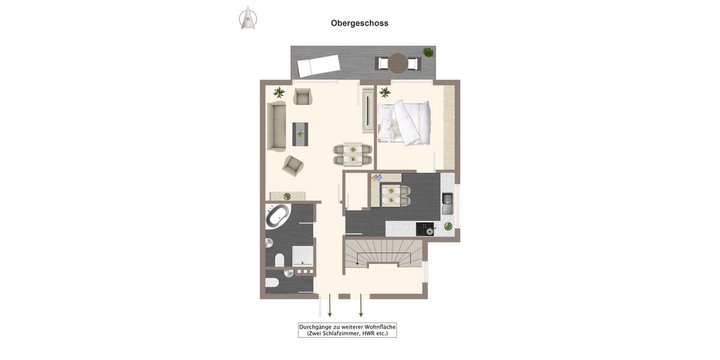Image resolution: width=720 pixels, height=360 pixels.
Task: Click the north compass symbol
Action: click(x=248, y=18)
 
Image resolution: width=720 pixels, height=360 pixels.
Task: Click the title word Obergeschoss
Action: click(x=359, y=23)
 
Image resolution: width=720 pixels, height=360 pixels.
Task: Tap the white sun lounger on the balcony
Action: click(x=319, y=65)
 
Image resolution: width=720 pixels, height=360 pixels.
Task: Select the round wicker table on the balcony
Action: click(x=397, y=63)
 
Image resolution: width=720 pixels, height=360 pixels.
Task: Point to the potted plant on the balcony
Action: click(x=428, y=52)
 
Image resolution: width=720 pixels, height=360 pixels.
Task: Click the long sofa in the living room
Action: click(x=276, y=126)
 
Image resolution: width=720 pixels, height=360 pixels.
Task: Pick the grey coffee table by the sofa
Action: click(x=300, y=134)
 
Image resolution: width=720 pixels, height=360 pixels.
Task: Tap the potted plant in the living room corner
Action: click(x=279, y=92)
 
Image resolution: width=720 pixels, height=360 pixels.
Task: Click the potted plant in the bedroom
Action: click(x=385, y=92)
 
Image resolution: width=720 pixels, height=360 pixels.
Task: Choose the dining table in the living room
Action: click(x=353, y=154)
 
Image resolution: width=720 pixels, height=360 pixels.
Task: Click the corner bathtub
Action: click(x=277, y=215)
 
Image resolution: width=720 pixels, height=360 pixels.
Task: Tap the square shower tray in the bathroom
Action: click(x=302, y=255)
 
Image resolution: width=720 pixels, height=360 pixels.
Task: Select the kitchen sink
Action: click(x=448, y=203)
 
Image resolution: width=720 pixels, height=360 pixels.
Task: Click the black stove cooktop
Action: click(x=425, y=229)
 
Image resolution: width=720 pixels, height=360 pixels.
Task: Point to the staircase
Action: click(x=384, y=253)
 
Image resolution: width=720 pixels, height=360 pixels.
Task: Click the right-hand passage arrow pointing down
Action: click(x=361, y=305)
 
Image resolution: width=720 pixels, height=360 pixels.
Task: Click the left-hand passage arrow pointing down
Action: click(x=329, y=305)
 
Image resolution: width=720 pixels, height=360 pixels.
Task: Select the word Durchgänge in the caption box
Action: click(x=315, y=327)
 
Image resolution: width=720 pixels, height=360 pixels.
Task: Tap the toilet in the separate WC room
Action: click(x=272, y=283)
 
